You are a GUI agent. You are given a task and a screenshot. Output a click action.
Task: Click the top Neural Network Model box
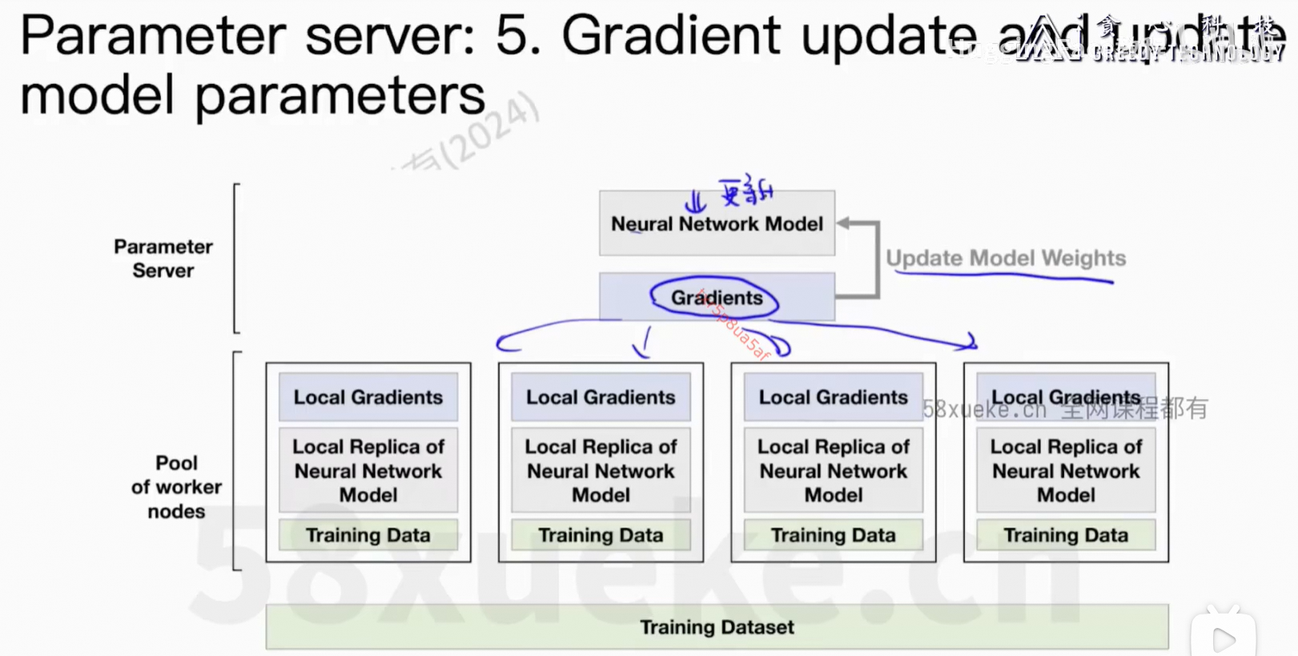pos(717,223)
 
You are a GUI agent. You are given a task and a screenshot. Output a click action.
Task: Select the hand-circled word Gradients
pos(716,298)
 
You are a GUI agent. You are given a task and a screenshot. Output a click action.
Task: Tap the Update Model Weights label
pos(1005,258)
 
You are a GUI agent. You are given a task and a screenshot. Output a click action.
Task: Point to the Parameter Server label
pos(163,258)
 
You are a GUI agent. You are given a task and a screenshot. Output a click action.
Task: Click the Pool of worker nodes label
pos(176,487)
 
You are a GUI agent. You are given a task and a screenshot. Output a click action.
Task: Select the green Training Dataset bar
pos(717,626)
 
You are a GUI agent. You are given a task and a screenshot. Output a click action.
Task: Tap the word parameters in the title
pos(340,96)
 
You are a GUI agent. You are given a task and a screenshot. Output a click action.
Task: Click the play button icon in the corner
pos(1224,638)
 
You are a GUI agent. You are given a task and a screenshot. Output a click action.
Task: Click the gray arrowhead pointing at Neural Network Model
pos(844,223)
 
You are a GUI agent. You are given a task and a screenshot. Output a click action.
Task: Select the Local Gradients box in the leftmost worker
pos(368,396)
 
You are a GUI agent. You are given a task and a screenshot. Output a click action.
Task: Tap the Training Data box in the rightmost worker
pos(1066,534)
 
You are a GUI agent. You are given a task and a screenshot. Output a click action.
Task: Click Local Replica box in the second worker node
pos(601,470)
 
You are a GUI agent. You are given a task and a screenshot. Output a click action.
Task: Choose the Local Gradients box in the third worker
pos(833,396)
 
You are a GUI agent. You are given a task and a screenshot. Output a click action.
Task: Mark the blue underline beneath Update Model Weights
pos(1005,276)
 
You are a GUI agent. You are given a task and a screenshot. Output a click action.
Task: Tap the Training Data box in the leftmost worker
pos(368,534)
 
